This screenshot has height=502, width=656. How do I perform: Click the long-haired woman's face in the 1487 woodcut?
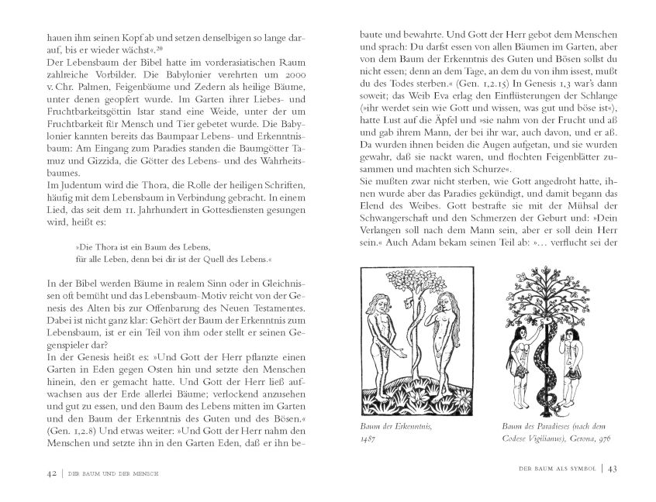449,304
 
